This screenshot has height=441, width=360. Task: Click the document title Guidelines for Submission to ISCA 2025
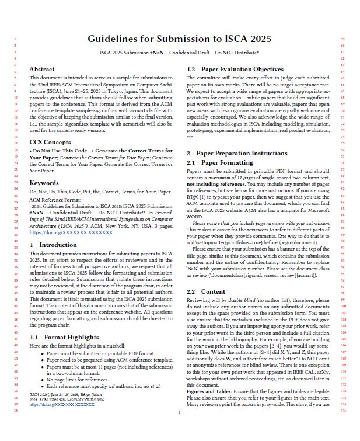point(180,39)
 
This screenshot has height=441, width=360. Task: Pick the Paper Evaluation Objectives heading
point(235,70)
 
